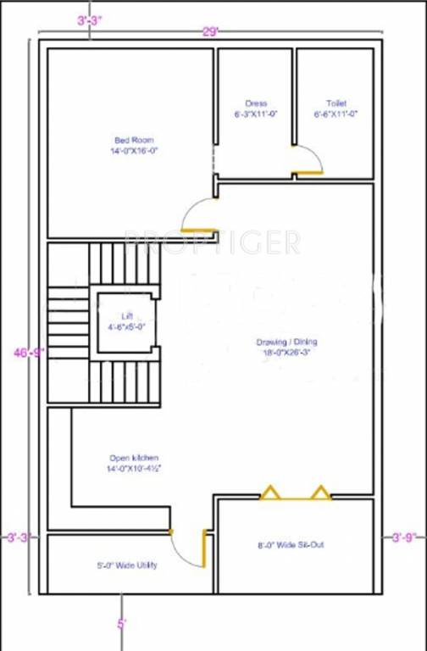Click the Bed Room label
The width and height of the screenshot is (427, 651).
point(134,140)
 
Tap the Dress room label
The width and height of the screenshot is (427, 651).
point(256,103)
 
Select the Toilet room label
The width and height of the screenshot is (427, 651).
point(335,103)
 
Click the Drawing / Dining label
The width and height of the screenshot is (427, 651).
point(286,342)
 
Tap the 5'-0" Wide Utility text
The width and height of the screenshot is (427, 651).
point(125,565)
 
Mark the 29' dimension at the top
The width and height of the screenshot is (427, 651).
point(210,31)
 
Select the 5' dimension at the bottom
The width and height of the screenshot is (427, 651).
point(122,625)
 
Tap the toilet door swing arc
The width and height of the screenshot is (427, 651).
point(310,158)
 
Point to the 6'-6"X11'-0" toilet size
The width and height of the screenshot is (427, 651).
point(335,113)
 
